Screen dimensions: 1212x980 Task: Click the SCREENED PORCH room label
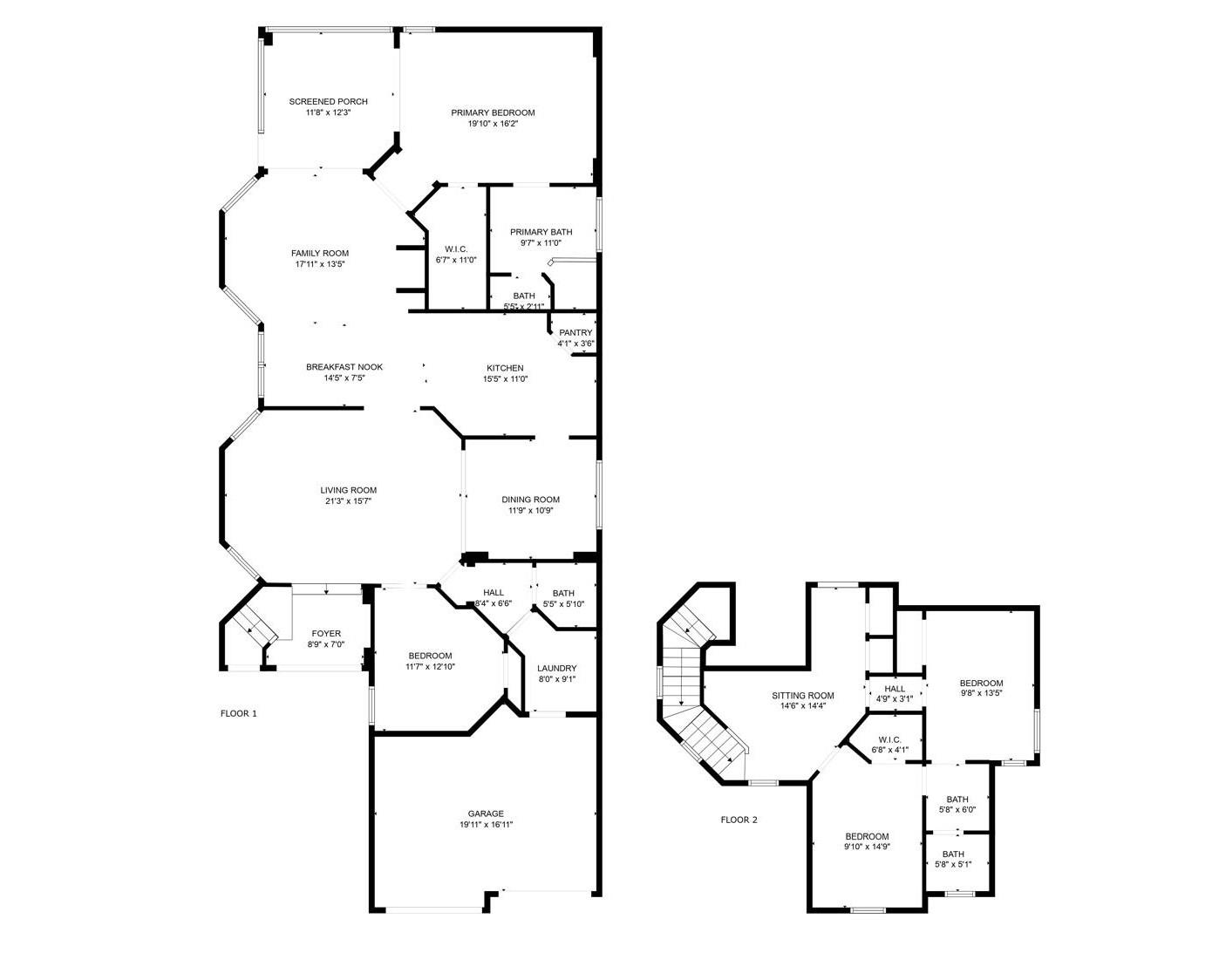click(x=328, y=102)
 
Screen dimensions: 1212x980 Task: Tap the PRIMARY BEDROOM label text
click(x=492, y=112)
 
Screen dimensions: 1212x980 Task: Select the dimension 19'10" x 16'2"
click(x=493, y=124)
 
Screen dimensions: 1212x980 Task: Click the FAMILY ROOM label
click(x=320, y=253)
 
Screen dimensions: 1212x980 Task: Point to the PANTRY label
click(x=575, y=333)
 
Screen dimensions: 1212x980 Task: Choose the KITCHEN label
click(x=505, y=368)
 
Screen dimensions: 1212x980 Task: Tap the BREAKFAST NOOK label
click(x=344, y=367)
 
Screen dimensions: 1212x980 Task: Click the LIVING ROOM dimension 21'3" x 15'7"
click(x=348, y=501)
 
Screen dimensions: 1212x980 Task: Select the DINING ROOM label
click(x=530, y=500)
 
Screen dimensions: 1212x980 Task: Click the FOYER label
click(x=326, y=633)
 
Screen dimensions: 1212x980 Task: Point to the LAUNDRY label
click(x=556, y=669)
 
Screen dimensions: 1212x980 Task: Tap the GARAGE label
click(x=486, y=813)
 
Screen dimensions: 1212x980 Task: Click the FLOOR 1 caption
click(x=238, y=713)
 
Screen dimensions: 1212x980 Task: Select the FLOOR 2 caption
click(x=739, y=820)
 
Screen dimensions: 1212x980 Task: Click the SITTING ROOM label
click(x=802, y=696)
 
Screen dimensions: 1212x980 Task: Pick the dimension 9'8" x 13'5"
click(x=981, y=693)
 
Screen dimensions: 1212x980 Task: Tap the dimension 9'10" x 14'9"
click(x=867, y=847)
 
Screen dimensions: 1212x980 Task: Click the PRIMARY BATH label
click(x=541, y=232)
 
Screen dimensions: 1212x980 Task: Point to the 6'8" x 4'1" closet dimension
click(x=889, y=750)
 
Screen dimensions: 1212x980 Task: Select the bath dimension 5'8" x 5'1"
click(x=952, y=865)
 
